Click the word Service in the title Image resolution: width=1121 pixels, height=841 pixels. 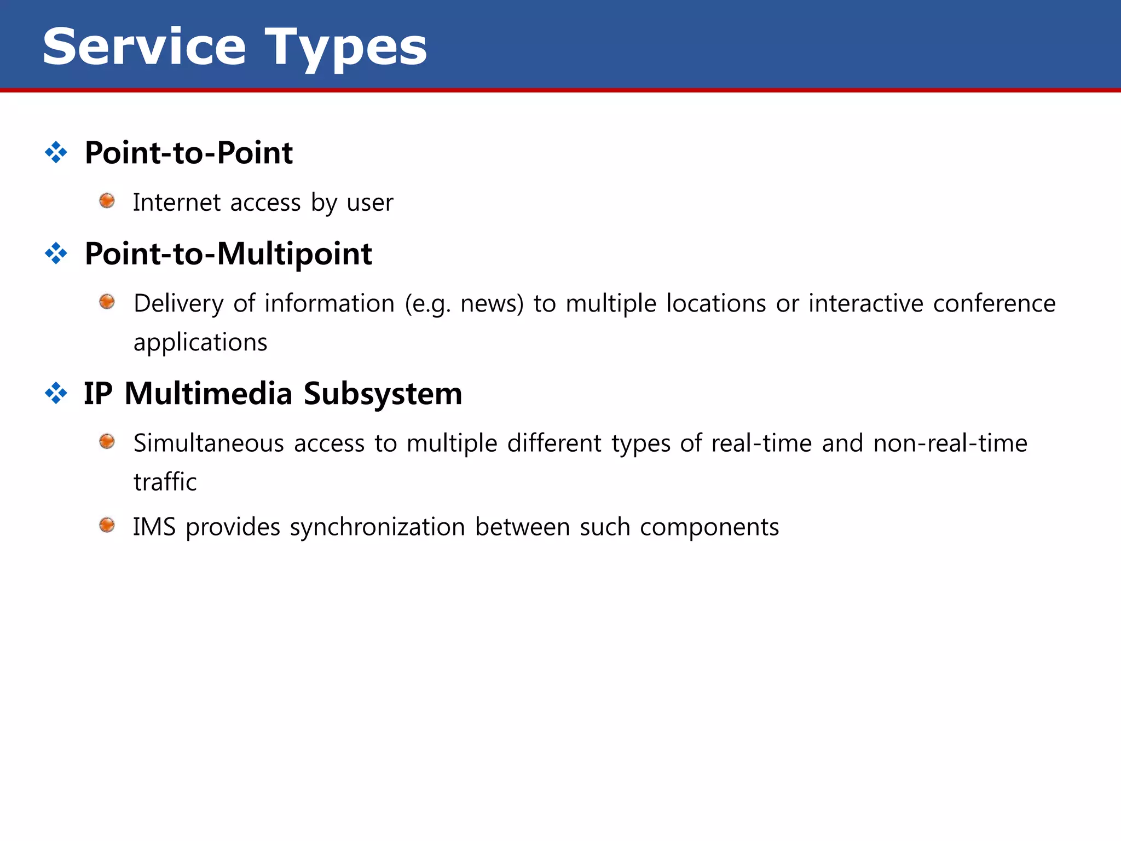(144, 47)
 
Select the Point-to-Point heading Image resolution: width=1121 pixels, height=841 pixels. (188, 153)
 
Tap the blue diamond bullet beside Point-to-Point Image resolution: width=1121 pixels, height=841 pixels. (56, 152)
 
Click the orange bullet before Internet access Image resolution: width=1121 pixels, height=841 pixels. (107, 201)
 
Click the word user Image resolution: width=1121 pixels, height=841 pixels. (369, 203)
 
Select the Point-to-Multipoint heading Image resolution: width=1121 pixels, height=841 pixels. (228, 254)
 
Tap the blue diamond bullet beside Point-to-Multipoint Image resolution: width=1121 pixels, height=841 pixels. (56, 254)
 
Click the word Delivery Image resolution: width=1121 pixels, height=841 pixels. (178, 304)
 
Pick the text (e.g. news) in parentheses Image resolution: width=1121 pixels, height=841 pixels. (464, 304)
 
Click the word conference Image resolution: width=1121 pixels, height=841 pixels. (994, 303)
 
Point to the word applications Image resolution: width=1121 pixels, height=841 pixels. (200, 343)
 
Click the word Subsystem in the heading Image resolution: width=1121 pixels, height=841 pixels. (383, 394)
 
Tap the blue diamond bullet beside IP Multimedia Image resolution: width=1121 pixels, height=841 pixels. (56, 393)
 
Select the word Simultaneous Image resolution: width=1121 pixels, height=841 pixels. (209, 443)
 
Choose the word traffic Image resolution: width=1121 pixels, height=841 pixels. (165, 482)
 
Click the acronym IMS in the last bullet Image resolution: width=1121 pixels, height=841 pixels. (154, 527)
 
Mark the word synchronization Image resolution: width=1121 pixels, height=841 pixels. (377, 527)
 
